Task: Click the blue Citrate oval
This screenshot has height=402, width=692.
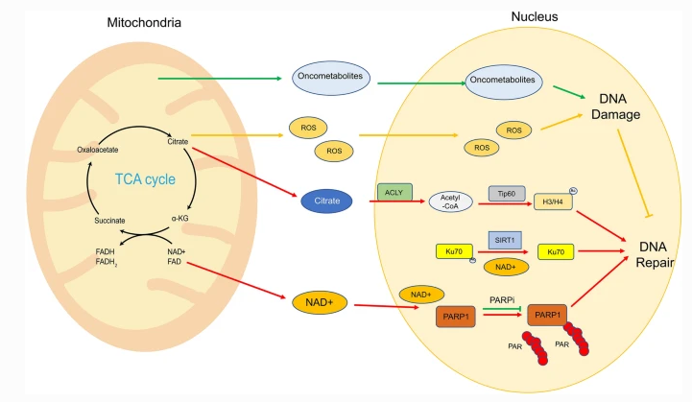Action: click(322, 201)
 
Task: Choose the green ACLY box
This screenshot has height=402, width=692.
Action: click(394, 192)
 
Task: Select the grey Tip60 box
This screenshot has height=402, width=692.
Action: click(504, 192)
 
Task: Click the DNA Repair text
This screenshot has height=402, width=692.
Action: click(656, 251)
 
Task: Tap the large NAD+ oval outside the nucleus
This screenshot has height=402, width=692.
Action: click(318, 302)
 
